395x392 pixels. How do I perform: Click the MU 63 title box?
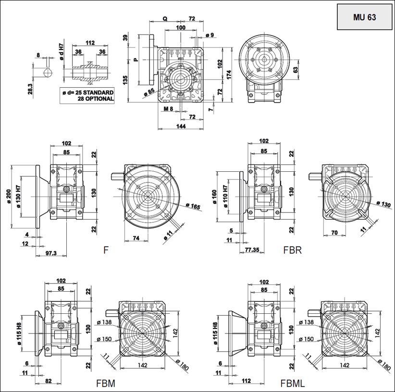[364, 17]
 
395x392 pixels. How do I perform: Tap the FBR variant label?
[292, 250]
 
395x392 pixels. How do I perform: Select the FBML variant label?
[293, 383]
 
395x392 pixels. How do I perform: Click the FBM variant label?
[105, 383]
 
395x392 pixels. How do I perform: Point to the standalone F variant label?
[106, 250]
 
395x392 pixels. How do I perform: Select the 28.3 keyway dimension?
[30, 90]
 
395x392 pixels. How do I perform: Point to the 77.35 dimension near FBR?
[252, 250]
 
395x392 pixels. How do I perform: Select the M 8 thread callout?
[168, 109]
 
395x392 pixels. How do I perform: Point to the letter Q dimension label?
[165, 19]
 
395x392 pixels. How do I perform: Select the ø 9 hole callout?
[210, 35]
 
